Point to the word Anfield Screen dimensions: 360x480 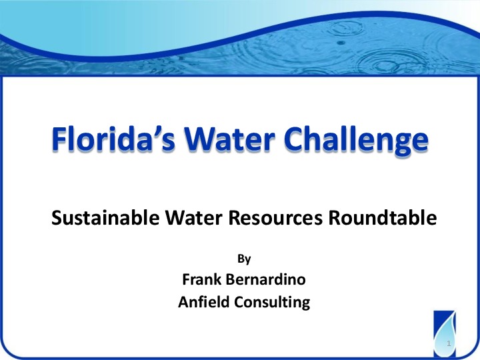[x=203, y=302]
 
